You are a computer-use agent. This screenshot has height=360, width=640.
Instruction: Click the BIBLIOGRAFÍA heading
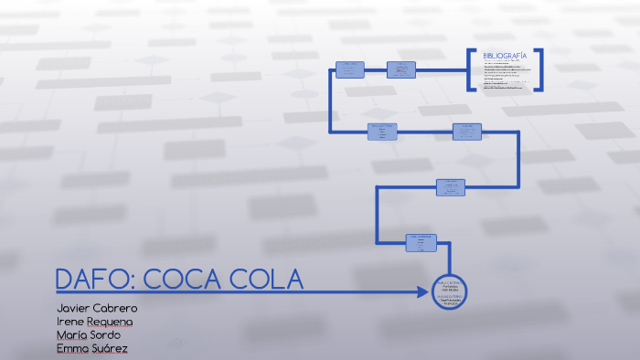click(x=505, y=56)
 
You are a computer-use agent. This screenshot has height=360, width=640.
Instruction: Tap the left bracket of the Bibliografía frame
click(x=470, y=69)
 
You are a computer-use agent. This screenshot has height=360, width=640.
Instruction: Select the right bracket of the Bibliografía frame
click(x=540, y=69)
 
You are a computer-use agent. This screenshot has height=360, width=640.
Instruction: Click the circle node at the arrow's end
click(x=449, y=292)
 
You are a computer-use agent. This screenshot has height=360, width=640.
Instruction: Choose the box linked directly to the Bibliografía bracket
click(x=400, y=69)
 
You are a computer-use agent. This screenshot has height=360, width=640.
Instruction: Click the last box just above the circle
click(x=421, y=242)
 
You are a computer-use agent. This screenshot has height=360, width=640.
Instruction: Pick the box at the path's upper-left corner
click(x=350, y=69)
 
